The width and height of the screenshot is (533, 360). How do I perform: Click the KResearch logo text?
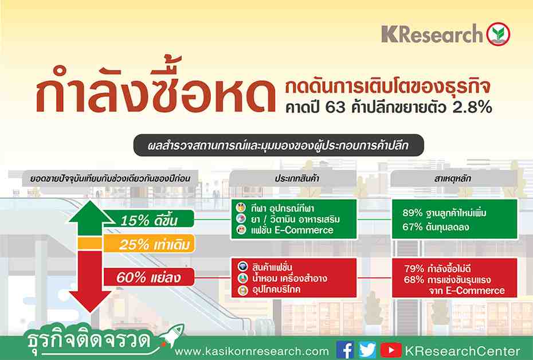pyautogui.click(x=432, y=34)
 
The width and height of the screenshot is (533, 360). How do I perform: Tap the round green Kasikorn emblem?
pyautogui.click(x=499, y=34)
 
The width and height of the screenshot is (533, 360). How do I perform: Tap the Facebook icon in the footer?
pyautogui.click(x=345, y=350)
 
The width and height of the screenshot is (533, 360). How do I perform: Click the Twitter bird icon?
pyautogui.click(x=367, y=350)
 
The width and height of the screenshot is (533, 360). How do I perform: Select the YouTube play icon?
pyautogui.click(x=391, y=350)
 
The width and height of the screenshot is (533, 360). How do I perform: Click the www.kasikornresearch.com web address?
pyautogui.click(x=252, y=351)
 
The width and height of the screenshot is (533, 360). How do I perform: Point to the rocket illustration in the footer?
pyautogui.click(x=172, y=335)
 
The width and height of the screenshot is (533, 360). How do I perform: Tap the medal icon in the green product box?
pyautogui.click(x=241, y=208)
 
